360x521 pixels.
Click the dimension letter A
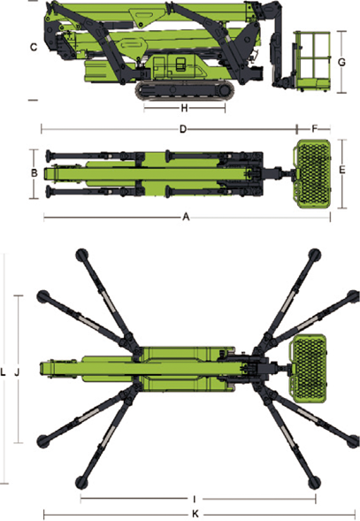186,217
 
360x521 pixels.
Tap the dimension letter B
34,173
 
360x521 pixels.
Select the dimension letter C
34,48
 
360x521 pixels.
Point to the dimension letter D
183,129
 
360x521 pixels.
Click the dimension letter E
342,170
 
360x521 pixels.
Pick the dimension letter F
315,128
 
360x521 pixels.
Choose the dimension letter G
341,62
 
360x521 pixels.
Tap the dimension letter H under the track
185,108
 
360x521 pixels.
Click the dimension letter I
195,499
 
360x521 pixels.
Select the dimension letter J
18,372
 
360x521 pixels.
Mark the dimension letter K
195,514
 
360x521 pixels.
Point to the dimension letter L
3,372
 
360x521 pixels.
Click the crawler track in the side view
185,90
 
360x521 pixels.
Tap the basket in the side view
312,61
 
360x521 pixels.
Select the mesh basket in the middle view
312,173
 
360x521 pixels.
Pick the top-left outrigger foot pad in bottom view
81,255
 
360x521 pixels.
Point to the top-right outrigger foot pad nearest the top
315,255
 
